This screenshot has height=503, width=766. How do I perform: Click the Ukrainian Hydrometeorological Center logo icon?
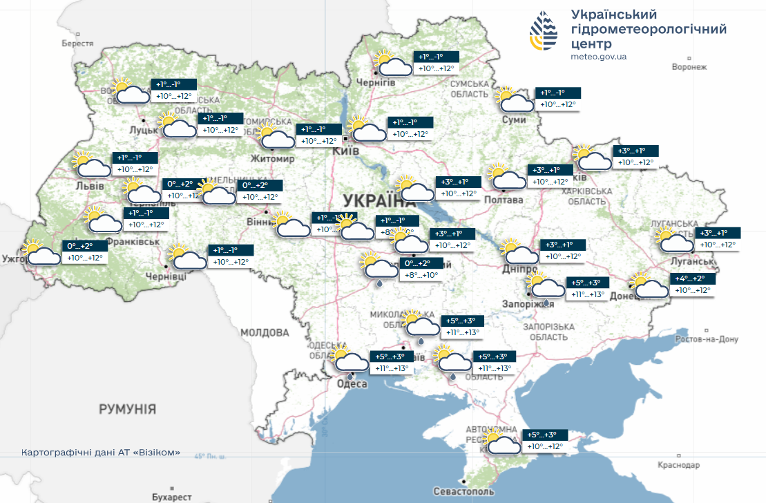coord(544,31)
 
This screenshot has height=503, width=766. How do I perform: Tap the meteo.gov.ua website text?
coord(599,57)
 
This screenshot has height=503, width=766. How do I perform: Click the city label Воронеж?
coord(689,67)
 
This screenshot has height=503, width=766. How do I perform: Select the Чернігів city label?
coord(376,82)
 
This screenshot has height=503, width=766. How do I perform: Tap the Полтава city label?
coord(504,200)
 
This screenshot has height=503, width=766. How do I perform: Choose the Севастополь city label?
coord(463,491)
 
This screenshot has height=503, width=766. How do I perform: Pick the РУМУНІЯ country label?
coord(127,409)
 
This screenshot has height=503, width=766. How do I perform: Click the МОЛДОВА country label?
coord(265,332)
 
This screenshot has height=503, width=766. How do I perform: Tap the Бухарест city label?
coord(172,496)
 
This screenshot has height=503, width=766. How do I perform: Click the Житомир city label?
coord(276,158)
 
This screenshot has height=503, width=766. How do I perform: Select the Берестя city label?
coord(77,44)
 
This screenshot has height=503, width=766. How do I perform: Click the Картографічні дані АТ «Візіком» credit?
coord(101,453)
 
